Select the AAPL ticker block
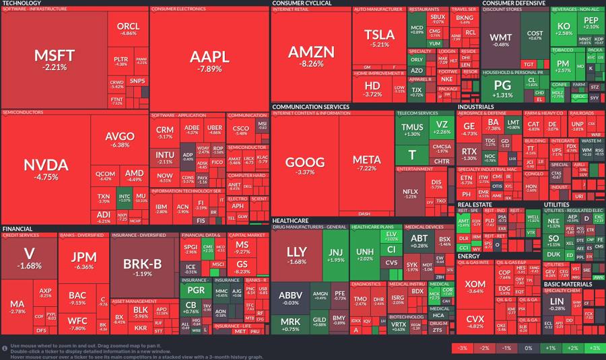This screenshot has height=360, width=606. coord(209,59)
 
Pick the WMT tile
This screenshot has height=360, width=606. coord(500,40)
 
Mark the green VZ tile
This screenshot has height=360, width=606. coord(442,127)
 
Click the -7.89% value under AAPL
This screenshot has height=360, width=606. coord(209,69)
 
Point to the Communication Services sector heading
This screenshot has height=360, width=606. coord(310,106)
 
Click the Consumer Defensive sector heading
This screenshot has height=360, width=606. coord(512,3)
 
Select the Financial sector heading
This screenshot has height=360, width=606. coord(17,229)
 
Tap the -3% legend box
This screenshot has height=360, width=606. coord(462,348)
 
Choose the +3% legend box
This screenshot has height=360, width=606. coord(594,348)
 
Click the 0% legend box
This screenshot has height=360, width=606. coord(528,348)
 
